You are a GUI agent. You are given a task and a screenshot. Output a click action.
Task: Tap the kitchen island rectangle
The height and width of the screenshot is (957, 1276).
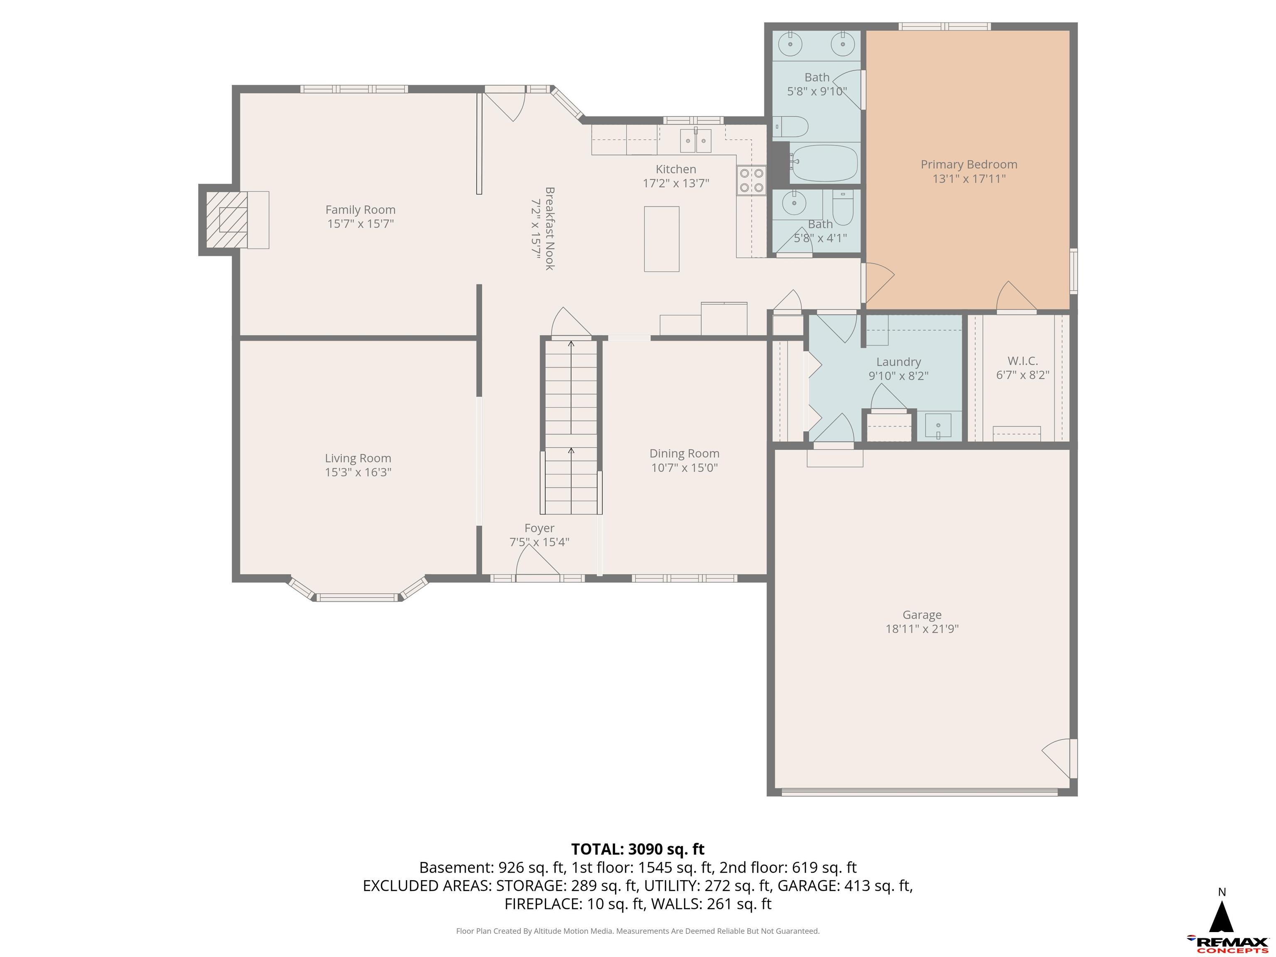point(661,239)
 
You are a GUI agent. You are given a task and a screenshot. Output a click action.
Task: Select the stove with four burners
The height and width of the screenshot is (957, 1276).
point(751,180)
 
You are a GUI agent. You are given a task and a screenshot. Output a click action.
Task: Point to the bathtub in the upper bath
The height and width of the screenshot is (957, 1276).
point(824,163)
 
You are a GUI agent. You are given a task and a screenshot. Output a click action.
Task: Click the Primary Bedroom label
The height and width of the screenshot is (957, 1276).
point(969,164)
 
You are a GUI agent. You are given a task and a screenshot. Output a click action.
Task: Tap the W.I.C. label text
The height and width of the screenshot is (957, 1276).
point(1022,361)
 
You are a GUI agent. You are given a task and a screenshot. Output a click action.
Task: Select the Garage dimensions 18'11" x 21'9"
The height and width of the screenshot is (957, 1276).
point(922,629)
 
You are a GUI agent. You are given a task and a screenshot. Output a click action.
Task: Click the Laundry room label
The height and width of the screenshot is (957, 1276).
point(898,362)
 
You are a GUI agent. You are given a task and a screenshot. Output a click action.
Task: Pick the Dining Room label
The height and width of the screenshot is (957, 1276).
point(684,454)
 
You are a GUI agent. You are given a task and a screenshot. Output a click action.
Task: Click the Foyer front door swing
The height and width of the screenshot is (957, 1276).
point(537,561)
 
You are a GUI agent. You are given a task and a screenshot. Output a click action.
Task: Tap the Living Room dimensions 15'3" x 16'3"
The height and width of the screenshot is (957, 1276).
point(358,472)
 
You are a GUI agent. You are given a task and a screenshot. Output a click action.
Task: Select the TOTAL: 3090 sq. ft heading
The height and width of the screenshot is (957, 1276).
point(638,849)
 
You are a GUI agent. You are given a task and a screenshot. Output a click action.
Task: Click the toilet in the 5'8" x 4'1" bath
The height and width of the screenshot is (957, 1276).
point(843,208)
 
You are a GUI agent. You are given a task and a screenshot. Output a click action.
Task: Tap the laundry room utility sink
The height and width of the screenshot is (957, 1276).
point(939,426)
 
